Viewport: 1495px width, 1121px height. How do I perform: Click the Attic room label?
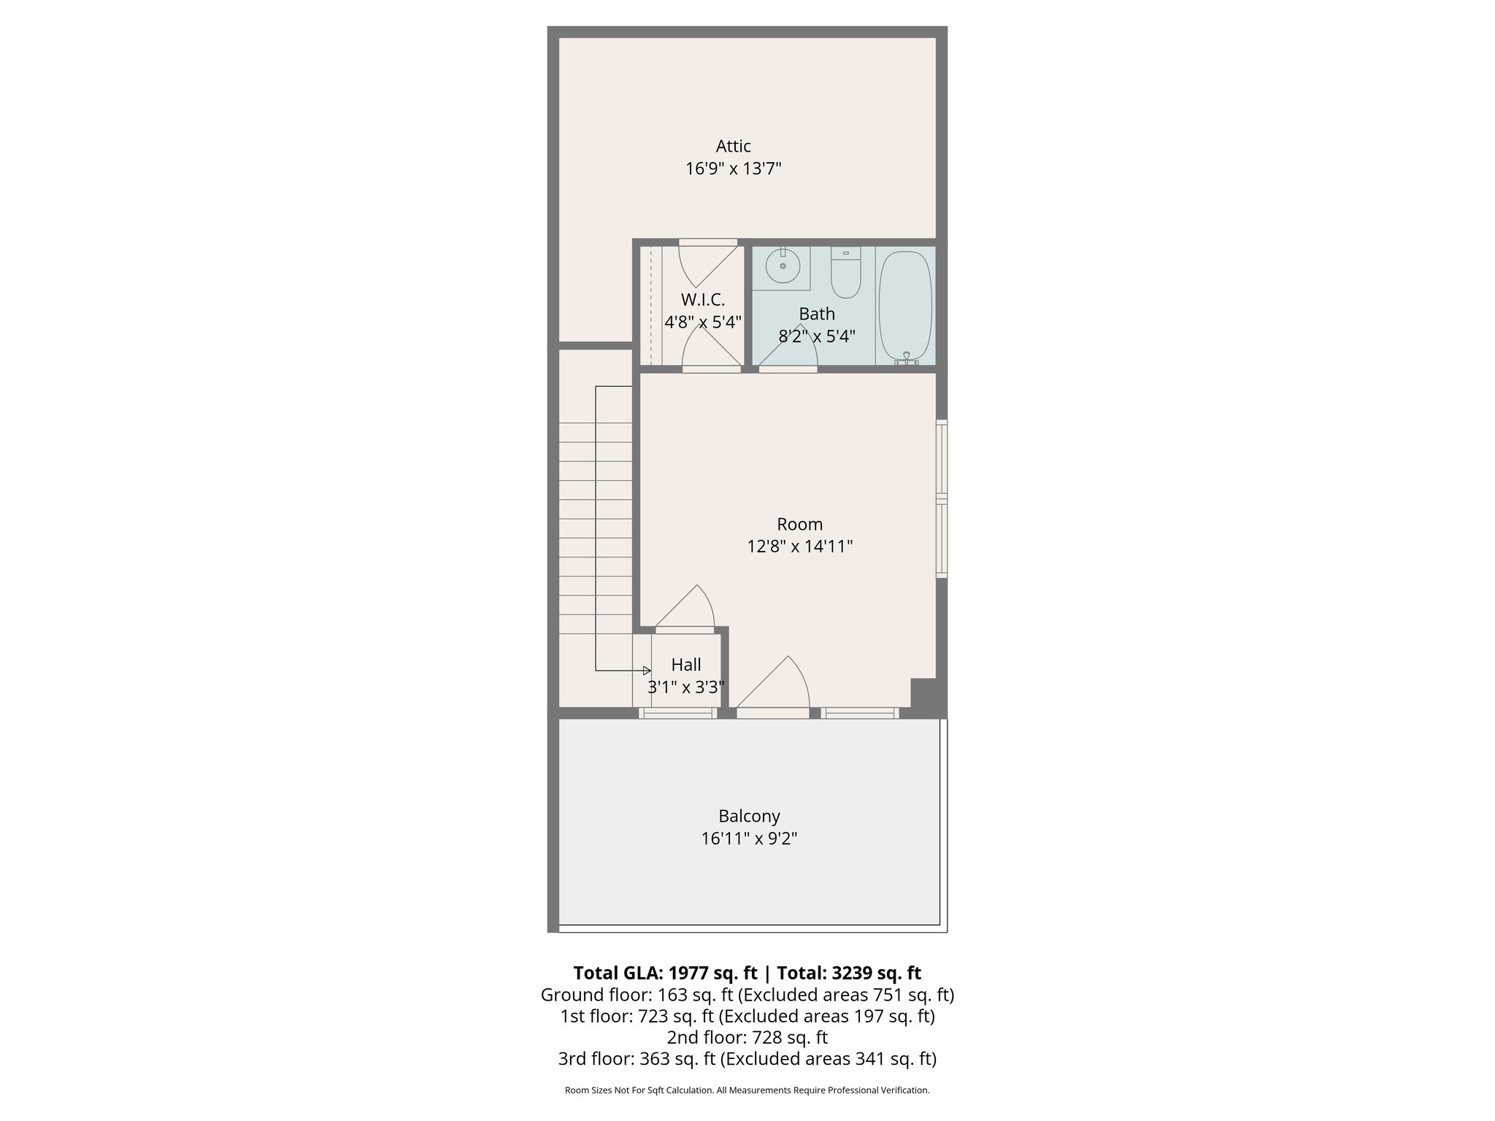click(x=733, y=146)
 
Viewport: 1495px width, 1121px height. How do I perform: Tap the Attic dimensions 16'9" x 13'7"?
click(x=733, y=169)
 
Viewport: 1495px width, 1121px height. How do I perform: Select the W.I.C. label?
click(x=702, y=299)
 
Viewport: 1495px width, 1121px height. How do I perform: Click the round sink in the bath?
click(x=783, y=266)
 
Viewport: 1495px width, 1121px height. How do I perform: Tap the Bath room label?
click(x=816, y=314)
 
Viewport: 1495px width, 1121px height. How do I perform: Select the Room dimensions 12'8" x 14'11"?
click(x=799, y=547)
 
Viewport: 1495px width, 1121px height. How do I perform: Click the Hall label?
click(x=685, y=665)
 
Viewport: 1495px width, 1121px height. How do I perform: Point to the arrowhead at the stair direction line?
click(x=647, y=671)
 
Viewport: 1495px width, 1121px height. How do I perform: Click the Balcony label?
click(x=749, y=816)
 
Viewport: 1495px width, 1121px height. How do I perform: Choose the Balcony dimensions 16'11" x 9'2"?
click(x=749, y=839)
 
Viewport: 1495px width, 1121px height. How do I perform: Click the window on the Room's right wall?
click(x=942, y=499)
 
